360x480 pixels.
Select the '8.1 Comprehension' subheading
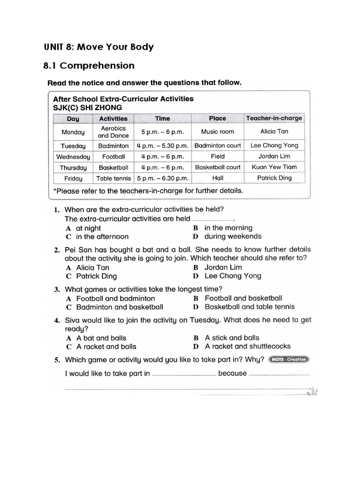pyautogui.click(x=89, y=66)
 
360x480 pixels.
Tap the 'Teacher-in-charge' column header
pyautogui.click(x=274, y=118)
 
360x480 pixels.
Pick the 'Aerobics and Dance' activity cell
pyautogui.click(x=113, y=132)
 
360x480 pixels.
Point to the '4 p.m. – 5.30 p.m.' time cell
pyautogui.click(x=162, y=146)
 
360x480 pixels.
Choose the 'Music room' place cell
pyautogui.click(x=217, y=132)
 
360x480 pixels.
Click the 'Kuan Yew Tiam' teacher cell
pyautogui.click(x=274, y=167)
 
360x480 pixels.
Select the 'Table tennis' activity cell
pyautogui.click(x=113, y=178)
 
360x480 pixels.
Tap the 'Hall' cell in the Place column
pyautogui.click(x=217, y=178)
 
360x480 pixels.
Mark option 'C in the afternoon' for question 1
pyautogui.click(x=97, y=237)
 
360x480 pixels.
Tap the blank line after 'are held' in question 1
pyautogui.click(x=213, y=219)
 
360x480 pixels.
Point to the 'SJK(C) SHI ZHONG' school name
pyautogui.click(x=87, y=107)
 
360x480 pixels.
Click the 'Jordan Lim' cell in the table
pyautogui.click(x=274, y=156)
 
